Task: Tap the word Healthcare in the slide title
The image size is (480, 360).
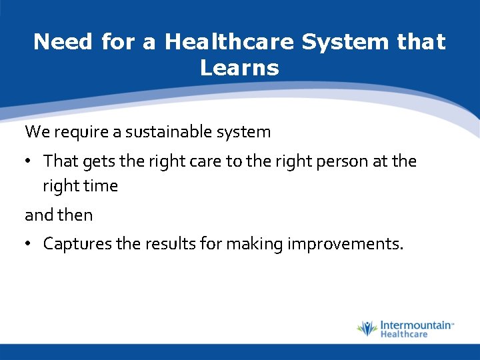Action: [x=229, y=42]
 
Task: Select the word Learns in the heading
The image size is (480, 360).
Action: [x=239, y=67]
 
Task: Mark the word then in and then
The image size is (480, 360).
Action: [x=77, y=215]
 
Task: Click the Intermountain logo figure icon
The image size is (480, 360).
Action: [x=366, y=328]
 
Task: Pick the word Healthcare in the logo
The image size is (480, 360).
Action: [x=403, y=335]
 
